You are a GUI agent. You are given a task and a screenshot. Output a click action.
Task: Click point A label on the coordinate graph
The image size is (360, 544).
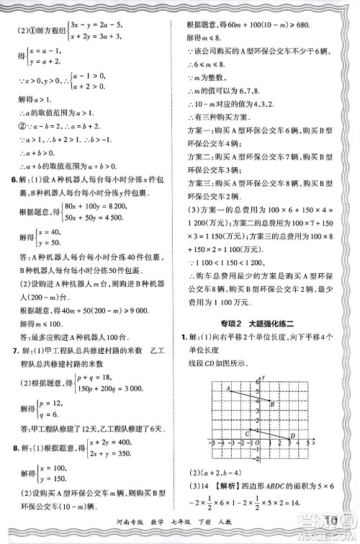[x=228, y=389]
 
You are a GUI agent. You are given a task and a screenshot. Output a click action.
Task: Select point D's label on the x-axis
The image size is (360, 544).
[x=293, y=436]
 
